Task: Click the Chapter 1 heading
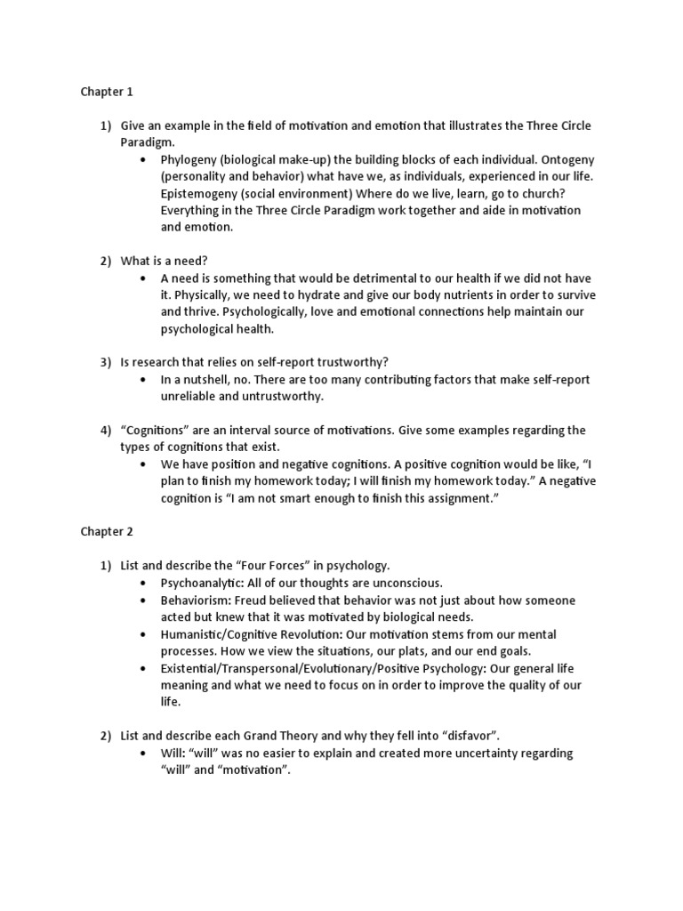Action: [x=107, y=92]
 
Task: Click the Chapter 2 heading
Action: [x=107, y=532]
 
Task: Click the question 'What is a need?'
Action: [x=165, y=261]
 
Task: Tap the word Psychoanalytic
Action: [x=201, y=583]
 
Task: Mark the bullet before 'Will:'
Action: [x=143, y=753]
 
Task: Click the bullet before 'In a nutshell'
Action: [x=143, y=380]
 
